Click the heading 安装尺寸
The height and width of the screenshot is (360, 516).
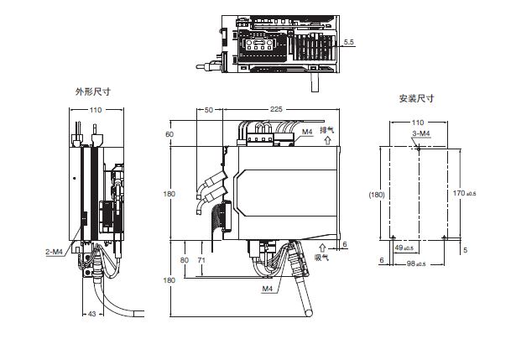coord(416,98)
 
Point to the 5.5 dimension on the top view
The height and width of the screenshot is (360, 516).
coord(351,40)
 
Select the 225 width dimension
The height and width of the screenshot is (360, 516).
coord(276,109)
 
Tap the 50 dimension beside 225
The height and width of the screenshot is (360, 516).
coord(208,109)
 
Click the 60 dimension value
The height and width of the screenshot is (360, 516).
coord(169,134)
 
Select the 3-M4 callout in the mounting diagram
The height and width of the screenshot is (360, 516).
coord(421,134)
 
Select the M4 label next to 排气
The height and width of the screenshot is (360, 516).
coord(306,132)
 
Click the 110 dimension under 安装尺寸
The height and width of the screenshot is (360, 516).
coord(416,122)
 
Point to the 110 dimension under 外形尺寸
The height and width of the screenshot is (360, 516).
coord(95,110)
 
